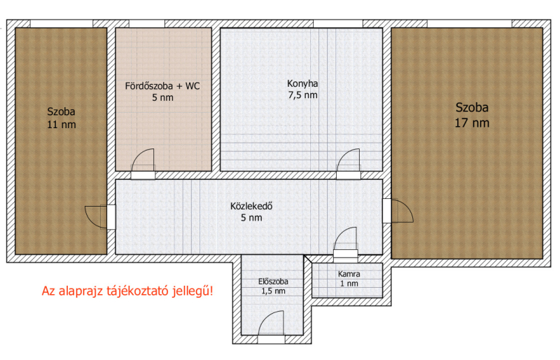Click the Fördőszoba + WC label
click(x=162, y=86)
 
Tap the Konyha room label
click(x=302, y=83)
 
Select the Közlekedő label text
click(x=251, y=207)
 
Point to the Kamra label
click(x=349, y=274)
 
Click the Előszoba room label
click(x=273, y=282)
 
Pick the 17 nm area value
click(x=472, y=123)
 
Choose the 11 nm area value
click(x=62, y=125)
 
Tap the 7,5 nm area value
click(x=302, y=95)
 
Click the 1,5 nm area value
click(x=273, y=291)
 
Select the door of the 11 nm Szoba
click(x=100, y=217)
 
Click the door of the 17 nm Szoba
click(x=398, y=211)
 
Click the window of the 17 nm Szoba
click(x=470, y=24)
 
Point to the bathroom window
click(x=147, y=24)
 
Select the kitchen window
click(x=338, y=24)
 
